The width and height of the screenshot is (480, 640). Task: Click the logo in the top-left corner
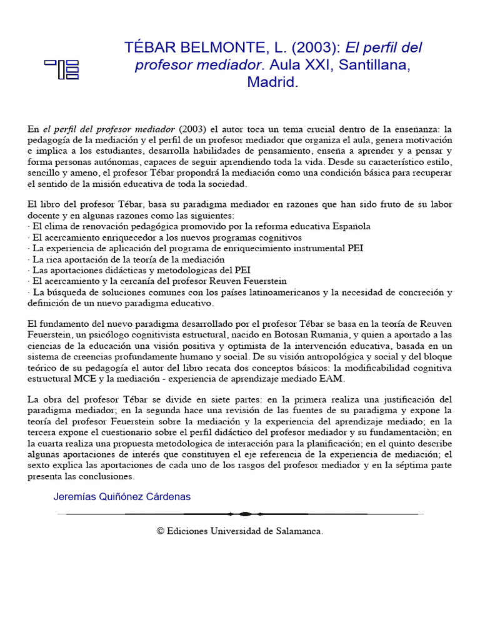tap(61, 69)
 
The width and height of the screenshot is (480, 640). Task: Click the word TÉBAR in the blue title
tap(154, 47)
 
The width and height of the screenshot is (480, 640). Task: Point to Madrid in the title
tap(272, 82)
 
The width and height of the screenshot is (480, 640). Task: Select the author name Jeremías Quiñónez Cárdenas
tap(122, 496)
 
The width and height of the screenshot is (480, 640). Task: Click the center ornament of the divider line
tap(244, 514)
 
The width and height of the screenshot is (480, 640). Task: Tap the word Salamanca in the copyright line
tap(297, 531)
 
